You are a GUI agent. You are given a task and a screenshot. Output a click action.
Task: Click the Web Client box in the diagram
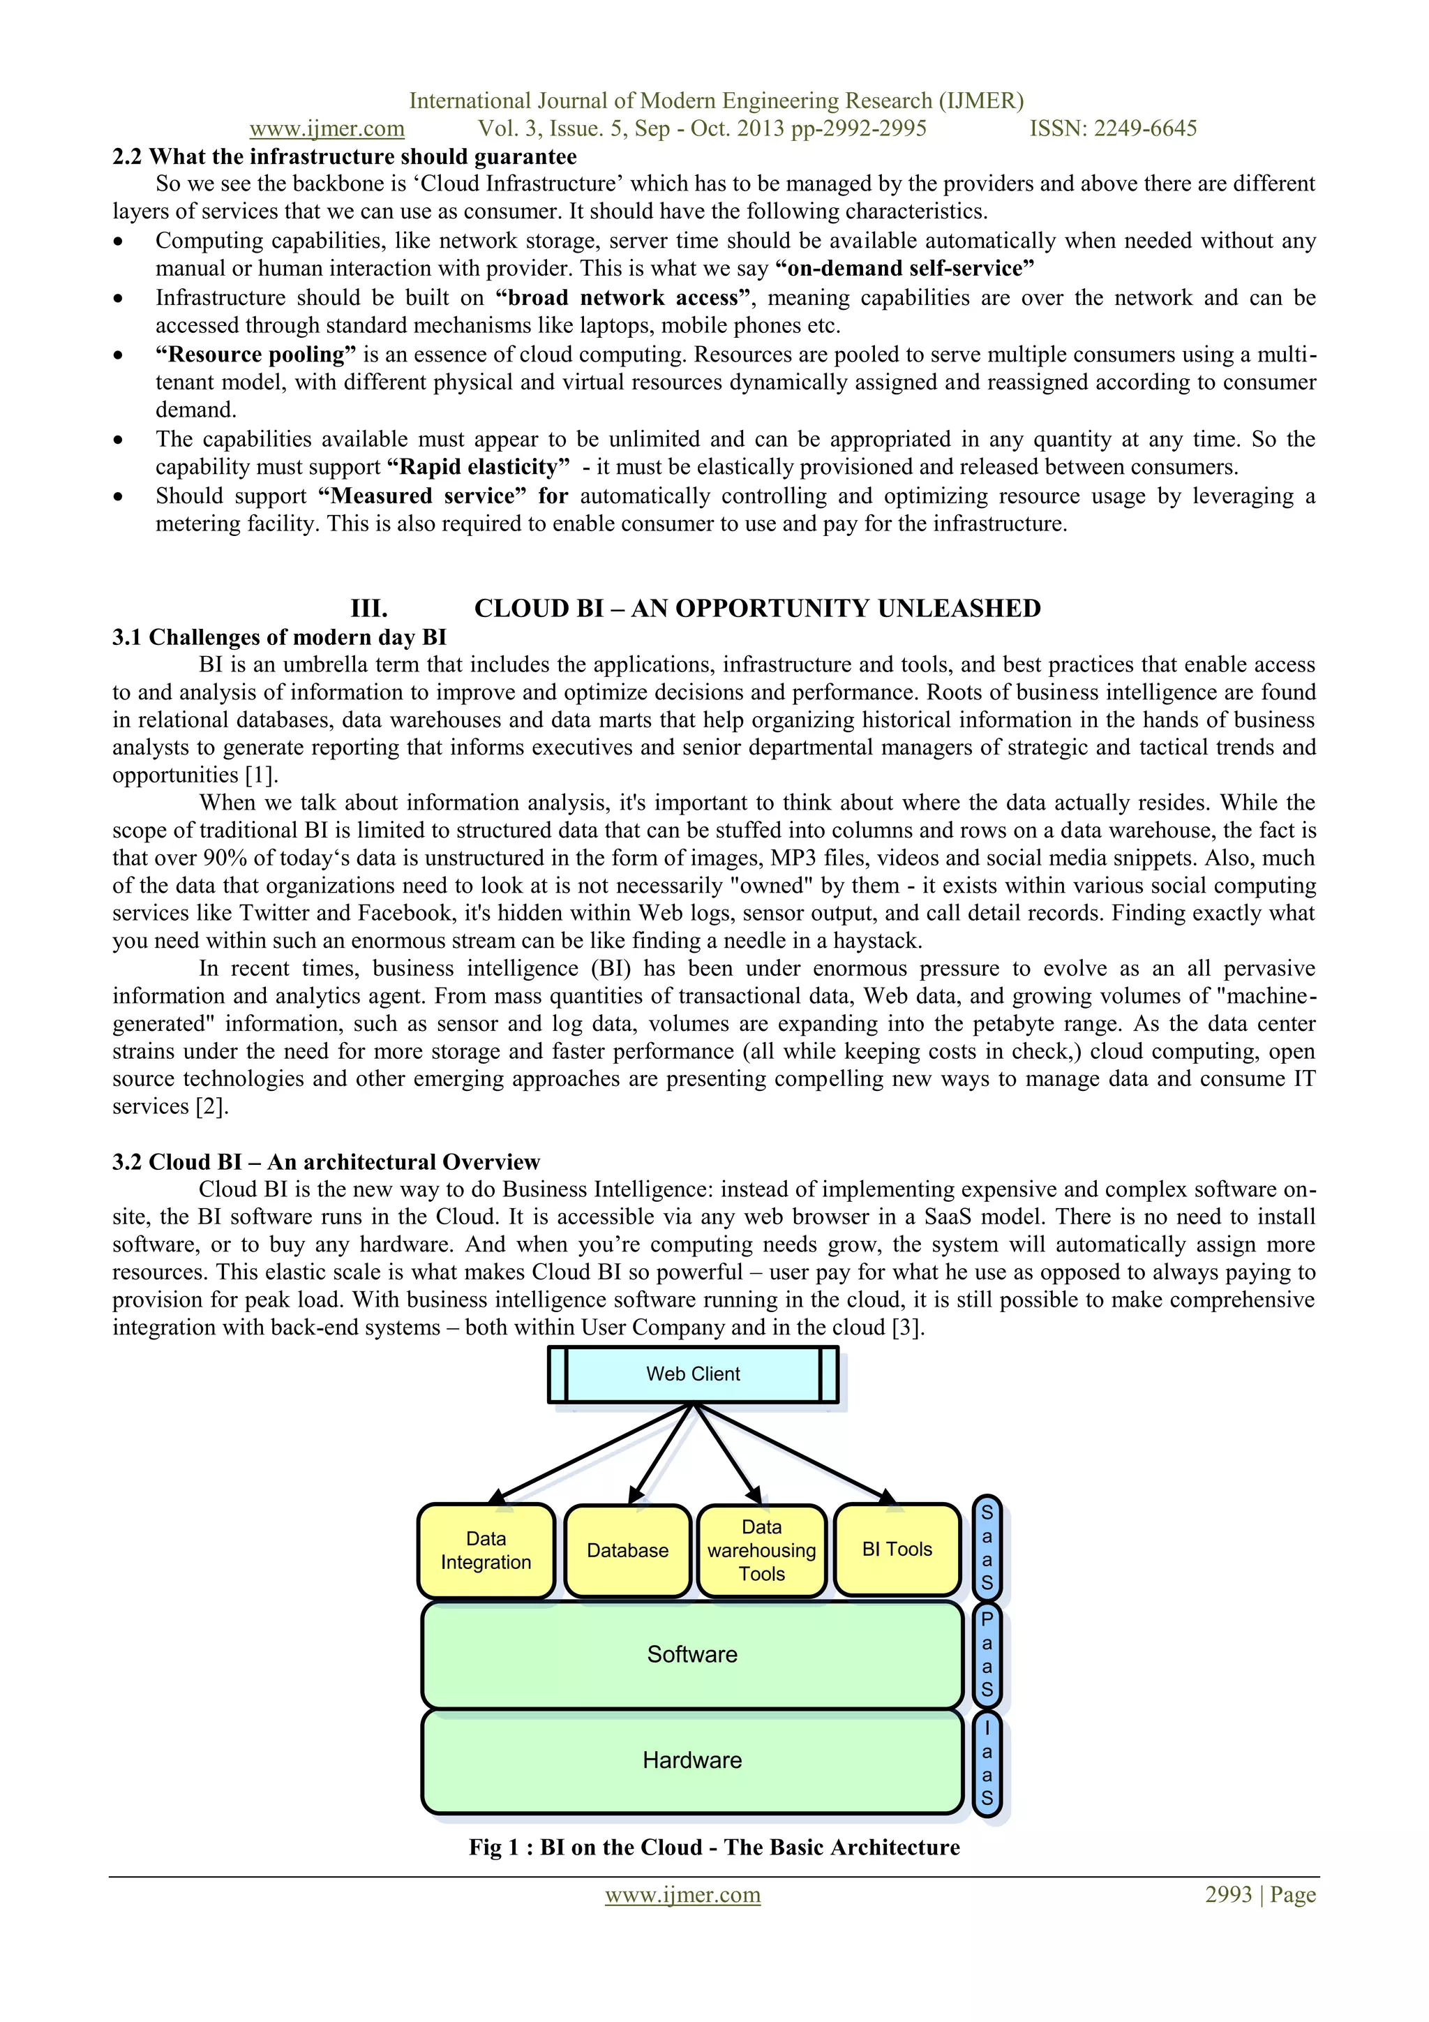693,1374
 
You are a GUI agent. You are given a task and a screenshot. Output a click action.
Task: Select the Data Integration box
486,1550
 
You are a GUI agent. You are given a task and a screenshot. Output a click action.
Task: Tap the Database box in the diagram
628,1550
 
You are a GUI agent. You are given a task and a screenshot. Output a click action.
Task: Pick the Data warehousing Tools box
762,1550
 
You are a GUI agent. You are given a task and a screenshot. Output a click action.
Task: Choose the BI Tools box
897,1549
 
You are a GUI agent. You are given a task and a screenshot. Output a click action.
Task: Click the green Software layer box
692,1654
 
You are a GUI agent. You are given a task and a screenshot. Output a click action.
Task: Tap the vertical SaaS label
987,1547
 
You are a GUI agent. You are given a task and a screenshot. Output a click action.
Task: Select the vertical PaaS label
987,1655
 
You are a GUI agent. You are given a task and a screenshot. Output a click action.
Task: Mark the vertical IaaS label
987,1763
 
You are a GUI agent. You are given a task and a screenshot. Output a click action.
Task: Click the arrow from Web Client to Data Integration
590,1453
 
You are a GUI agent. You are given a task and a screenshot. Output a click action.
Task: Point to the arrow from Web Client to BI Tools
797,1453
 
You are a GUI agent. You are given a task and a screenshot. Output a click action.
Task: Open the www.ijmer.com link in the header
327,128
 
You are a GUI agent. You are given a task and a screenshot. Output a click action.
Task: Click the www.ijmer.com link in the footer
682,1894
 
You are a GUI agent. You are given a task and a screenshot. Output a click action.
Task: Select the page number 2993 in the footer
1228,1894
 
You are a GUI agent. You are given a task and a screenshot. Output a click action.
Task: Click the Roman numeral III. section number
369,609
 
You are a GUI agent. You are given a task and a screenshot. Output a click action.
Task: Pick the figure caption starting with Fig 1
714,1847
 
